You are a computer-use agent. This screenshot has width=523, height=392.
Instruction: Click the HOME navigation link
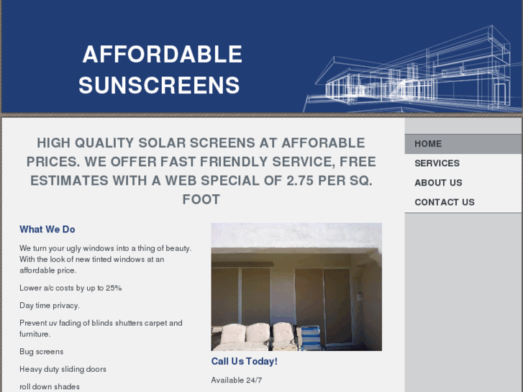point(428,144)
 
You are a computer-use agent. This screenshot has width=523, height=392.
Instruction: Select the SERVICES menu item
point(437,163)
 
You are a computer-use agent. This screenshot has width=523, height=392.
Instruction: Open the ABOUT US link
point(438,183)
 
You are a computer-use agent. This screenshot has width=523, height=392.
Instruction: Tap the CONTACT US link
point(444,202)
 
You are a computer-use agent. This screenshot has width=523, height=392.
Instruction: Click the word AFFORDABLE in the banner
point(162,55)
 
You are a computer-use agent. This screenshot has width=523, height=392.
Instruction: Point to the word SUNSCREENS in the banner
point(159,86)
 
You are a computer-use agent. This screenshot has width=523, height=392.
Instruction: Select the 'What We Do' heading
point(47,229)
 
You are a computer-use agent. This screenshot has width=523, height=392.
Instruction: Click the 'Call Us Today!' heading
point(244,361)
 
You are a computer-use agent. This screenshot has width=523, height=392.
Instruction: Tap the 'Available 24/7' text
point(237,380)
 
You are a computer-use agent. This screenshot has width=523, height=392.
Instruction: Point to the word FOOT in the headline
point(201,199)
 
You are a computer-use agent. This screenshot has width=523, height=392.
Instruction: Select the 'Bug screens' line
point(41,352)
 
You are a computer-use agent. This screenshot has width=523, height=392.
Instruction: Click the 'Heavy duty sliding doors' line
point(63,369)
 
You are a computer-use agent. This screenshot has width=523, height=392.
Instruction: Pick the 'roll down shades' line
point(50,386)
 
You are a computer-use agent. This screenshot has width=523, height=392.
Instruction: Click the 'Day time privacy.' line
point(50,306)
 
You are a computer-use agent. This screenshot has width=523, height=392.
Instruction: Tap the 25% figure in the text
point(114,288)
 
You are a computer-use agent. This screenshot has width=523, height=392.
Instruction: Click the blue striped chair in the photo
point(309,337)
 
